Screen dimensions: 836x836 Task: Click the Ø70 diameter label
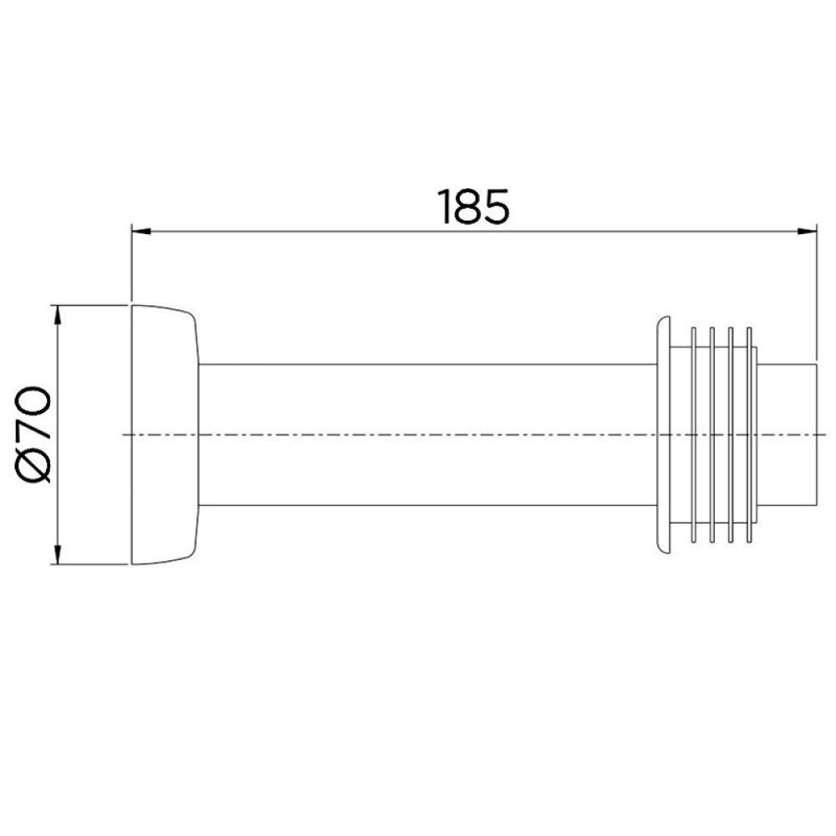pos(37,434)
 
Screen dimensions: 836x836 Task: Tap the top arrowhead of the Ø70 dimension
pos(57,314)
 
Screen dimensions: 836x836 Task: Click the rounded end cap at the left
pos(163,434)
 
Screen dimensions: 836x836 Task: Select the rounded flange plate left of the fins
pos(665,434)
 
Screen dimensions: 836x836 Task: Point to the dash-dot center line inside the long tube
pos(418,435)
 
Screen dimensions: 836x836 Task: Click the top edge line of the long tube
pos(418,364)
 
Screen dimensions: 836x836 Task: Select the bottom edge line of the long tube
pos(418,505)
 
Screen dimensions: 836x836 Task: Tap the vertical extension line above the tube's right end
pos(815,293)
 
